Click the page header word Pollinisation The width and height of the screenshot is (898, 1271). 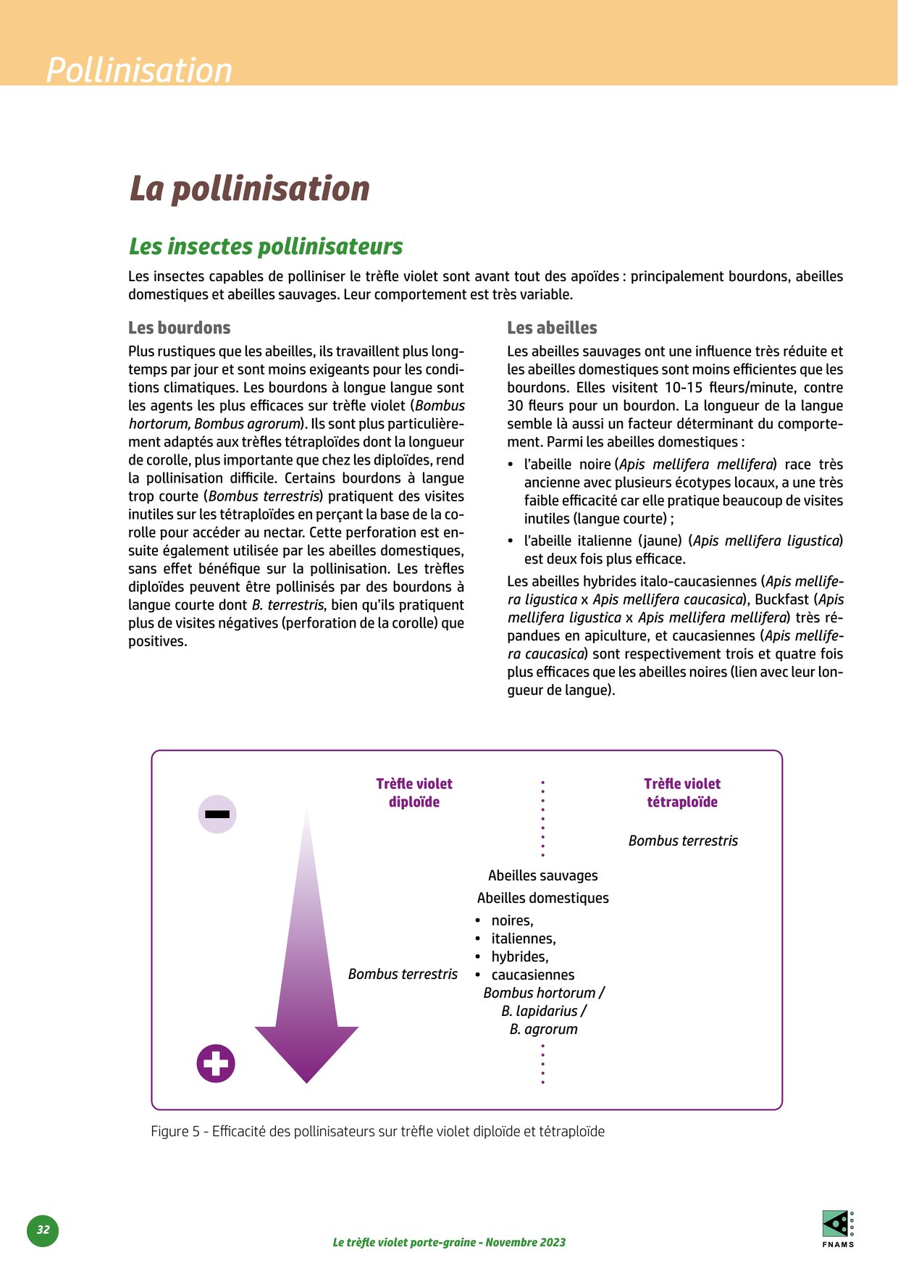tap(139, 70)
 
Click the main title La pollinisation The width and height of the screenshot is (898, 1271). tap(249, 188)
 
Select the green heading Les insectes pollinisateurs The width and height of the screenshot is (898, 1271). tap(266, 246)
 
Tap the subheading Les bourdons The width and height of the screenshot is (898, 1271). tap(179, 328)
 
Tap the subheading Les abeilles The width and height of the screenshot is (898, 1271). tap(552, 328)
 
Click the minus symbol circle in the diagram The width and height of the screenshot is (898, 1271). tap(217, 814)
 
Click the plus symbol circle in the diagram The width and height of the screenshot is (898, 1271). tap(216, 1064)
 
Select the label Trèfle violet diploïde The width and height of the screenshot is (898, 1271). tap(414, 793)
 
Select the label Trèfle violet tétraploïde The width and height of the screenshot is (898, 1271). tap(682, 793)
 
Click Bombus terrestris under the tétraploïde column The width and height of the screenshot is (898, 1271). tap(683, 841)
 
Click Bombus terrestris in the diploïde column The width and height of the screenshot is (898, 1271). tap(403, 974)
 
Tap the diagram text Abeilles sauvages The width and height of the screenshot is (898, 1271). tap(543, 875)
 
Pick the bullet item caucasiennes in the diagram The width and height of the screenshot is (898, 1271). tap(533, 975)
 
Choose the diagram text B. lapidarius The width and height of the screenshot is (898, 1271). tap(543, 1011)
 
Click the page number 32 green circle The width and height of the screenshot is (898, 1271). tap(43, 1230)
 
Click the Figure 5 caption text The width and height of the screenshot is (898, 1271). tap(377, 1131)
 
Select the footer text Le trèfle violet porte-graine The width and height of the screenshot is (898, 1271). tap(449, 1242)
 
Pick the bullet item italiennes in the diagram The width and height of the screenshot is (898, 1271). tap(524, 938)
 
